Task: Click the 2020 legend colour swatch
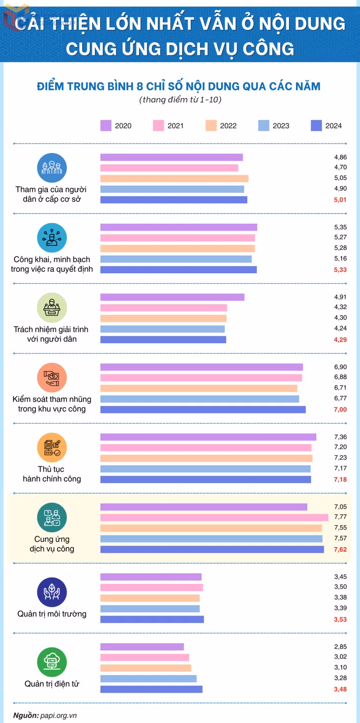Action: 106,126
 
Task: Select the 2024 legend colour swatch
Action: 316,126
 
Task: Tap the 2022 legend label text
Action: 228,126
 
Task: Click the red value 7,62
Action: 340,549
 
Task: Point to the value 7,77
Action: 340,517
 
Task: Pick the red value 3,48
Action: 340,689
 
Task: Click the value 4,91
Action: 340,297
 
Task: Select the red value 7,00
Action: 340,410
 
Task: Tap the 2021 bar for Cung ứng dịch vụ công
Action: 214,517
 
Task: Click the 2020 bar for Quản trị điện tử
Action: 142,647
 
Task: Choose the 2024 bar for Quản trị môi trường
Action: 152,619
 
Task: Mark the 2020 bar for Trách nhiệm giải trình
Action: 173,297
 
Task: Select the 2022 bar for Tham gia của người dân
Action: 175,179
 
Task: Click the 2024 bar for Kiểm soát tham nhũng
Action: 203,410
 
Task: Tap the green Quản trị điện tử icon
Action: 52,662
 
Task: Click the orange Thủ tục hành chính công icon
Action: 52,448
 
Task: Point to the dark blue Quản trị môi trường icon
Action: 52,592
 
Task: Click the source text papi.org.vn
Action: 59,715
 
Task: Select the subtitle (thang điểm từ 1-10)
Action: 180,100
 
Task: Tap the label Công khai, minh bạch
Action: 52,259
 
